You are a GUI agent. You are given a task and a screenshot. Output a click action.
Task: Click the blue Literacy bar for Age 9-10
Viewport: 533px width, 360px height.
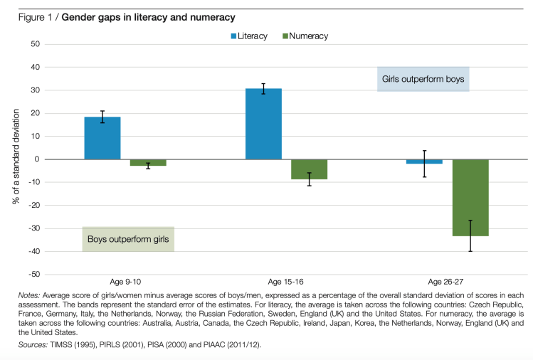pos(102,138)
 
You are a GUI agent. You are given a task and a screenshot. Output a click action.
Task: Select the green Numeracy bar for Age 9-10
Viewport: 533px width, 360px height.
pos(148,162)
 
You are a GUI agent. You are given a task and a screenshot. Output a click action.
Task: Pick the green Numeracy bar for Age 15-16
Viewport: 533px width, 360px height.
pos(309,169)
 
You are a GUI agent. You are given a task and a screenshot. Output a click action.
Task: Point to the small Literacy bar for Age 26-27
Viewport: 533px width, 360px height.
pos(425,162)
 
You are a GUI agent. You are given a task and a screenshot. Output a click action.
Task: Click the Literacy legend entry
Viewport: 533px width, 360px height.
pos(248,36)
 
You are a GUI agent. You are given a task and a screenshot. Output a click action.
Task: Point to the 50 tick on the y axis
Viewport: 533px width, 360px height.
pos(33,44)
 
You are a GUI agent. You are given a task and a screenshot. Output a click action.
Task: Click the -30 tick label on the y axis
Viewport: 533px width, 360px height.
pos(32,228)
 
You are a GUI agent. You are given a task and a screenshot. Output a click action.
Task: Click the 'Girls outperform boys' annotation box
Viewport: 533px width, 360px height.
pos(423,80)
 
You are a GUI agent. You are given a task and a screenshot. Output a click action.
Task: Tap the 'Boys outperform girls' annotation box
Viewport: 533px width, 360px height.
pos(128,239)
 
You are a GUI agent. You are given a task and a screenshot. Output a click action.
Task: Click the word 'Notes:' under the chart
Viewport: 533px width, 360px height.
pos(30,295)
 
